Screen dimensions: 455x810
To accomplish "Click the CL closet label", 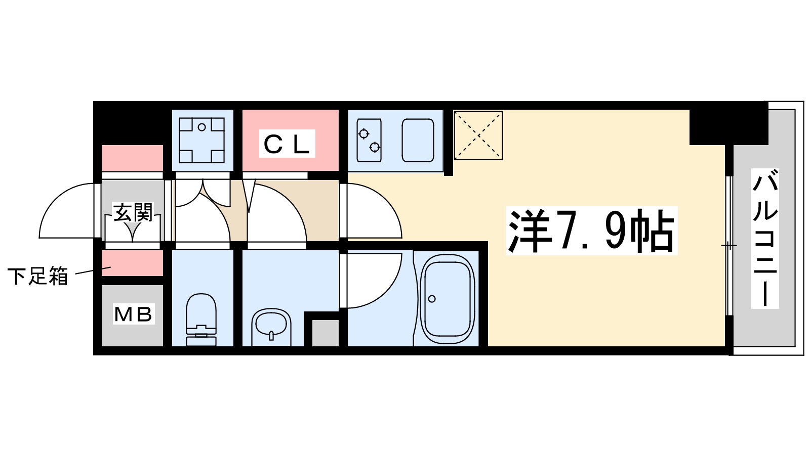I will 287,144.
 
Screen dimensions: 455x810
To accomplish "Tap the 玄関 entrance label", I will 133,213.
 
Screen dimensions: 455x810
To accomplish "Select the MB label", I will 133,314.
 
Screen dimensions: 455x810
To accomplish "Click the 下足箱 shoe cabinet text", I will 38,277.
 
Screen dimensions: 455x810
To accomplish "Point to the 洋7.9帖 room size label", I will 591,231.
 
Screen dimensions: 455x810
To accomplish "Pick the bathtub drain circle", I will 432,299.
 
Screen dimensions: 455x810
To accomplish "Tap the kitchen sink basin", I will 418,140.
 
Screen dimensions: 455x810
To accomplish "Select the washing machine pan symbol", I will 202,140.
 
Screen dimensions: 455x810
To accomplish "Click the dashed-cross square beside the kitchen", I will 478,135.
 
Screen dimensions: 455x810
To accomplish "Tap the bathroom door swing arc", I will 372,281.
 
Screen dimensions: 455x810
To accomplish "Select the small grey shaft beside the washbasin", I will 325,333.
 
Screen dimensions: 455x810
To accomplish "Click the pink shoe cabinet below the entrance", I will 132,263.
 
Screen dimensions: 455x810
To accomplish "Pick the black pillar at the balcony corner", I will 728,124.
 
